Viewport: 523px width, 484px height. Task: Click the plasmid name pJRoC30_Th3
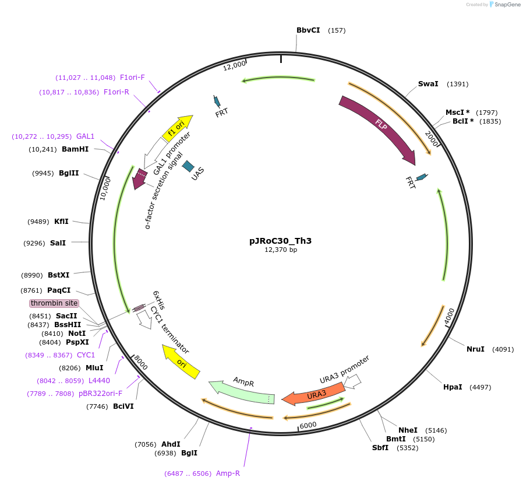click(x=276, y=240)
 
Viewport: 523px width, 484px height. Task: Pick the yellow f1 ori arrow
click(x=176, y=128)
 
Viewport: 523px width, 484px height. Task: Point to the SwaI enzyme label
click(x=428, y=84)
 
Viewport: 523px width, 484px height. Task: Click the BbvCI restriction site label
click(x=308, y=30)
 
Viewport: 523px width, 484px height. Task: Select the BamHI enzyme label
click(x=75, y=149)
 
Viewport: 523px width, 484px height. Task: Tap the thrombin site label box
click(x=54, y=303)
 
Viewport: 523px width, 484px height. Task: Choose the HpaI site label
click(x=453, y=387)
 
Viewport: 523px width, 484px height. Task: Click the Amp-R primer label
click(x=228, y=473)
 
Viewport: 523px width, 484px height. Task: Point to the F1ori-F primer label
click(x=132, y=78)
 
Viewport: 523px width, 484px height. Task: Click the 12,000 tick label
click(x=234, y=66)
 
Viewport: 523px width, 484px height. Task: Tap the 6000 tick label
click(x=309, y=425)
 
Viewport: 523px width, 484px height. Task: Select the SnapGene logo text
click(x=507, y=5)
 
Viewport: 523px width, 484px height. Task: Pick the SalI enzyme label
click(x=58, y=243)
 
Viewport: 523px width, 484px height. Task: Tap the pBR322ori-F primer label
click(x=101, y=394)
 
